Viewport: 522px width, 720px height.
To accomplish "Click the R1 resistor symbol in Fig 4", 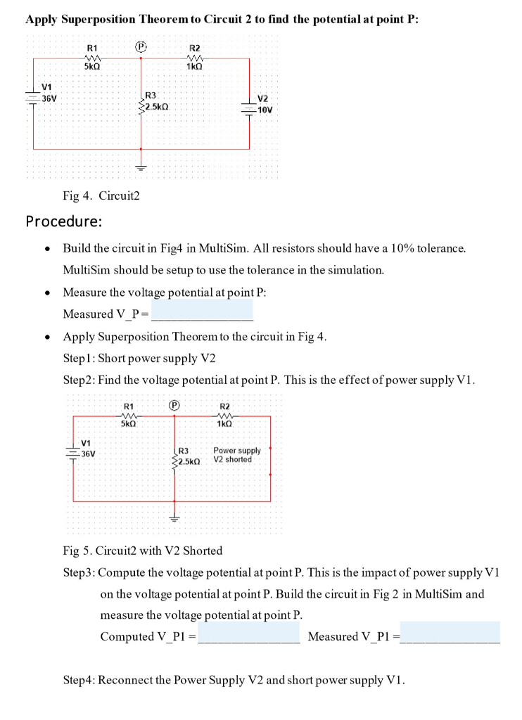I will (x=91, y=58).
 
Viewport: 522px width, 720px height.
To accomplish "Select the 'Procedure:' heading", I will (x=64, y=221).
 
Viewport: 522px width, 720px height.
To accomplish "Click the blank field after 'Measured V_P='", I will (x=202, y=310).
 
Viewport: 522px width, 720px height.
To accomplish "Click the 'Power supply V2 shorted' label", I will (x=237, y=455).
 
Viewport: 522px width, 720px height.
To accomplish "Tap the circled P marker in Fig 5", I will (x=175, y=405).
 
